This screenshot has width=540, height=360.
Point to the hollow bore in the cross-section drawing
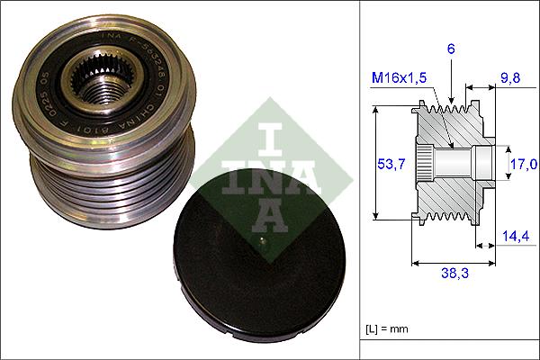coord(450,164)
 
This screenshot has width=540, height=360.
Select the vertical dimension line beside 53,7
coord(374,164)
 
